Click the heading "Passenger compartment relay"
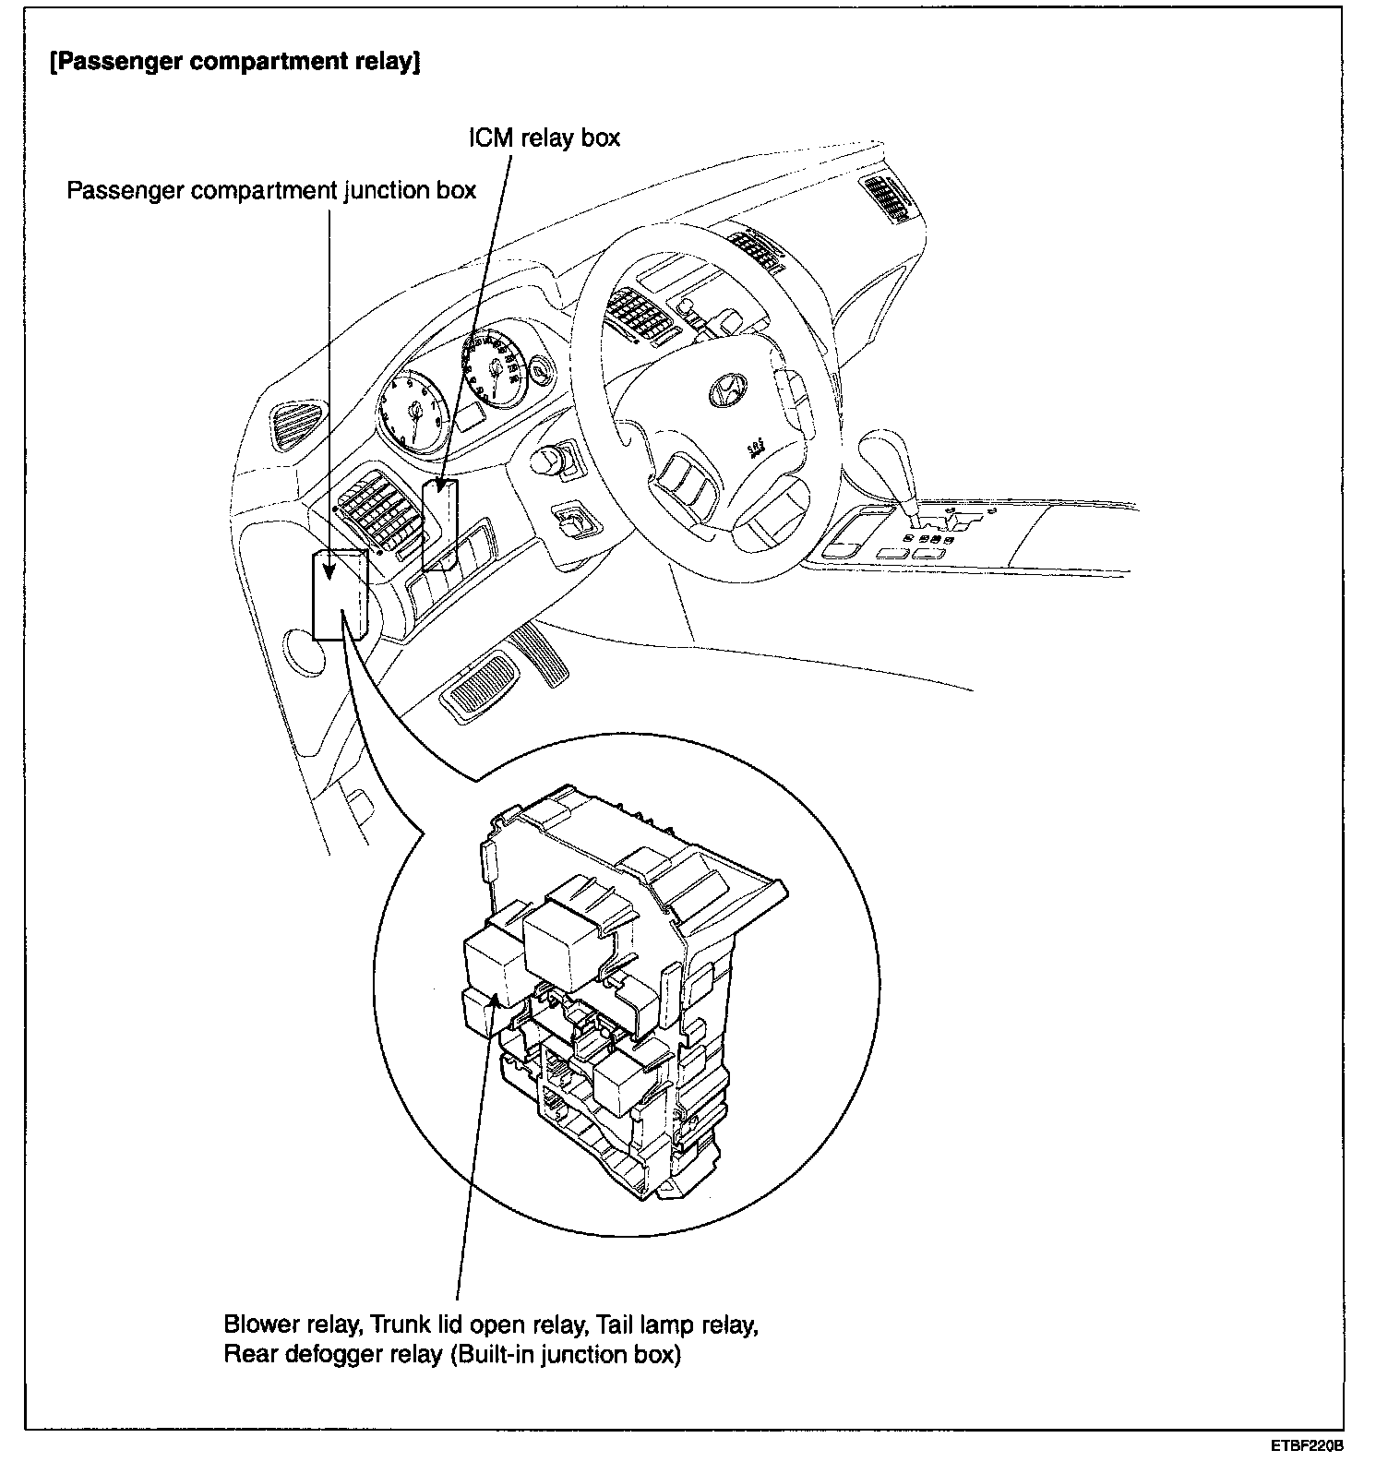pyautogui.click(x=235, y=66)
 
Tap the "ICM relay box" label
pyautogui.click(x=542, y=138)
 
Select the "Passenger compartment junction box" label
pyautogui.click(x=271, y=191)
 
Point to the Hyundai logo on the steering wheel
pyautogui.click(x=725, y=391)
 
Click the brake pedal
pyautogui.click(x=480, y=687)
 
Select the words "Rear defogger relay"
pyautogui.click(x=333, y=1356)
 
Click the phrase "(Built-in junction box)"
pyautogui.click(x=566, y=1356)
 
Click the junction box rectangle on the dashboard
pyautogui.click(x=340, y=595)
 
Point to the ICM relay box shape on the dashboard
pyautogui.click(x=440, y=521)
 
